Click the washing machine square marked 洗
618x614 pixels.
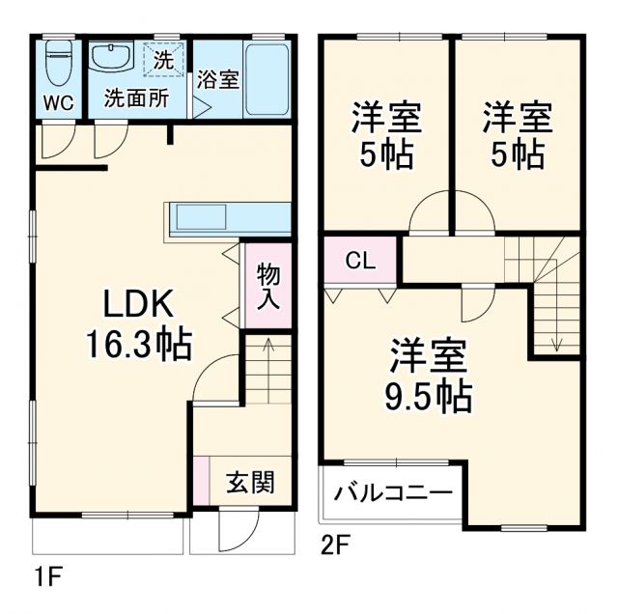click(x=162, y=60)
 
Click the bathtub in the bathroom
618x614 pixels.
click(x=267, y=79)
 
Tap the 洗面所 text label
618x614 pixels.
click(x=136, y=98)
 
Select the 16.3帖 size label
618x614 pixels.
click(x=139, y=343)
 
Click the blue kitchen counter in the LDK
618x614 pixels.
click(x=230, y=217)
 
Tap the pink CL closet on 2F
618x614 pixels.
click(x=360, y=260)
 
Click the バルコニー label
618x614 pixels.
click(x=393, y=494)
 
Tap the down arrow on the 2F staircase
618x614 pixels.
click(x=557, y=340)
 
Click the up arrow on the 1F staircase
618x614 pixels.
click(x=267, y=344)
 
